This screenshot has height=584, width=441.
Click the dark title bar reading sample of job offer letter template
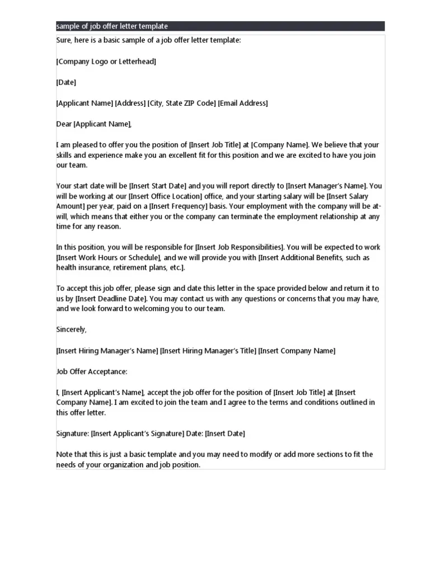[x=220, y=26]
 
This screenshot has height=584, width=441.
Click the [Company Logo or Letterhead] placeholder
[x=106, y=62]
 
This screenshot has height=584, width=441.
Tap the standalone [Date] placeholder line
[x=66, y=82]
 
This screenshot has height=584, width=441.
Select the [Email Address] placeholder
[x=243, y=103]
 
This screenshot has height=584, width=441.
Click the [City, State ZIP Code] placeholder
[x=181, y=103]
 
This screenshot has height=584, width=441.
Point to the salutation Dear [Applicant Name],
[x=94, y=124]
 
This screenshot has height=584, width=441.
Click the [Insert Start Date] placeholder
[x=157, y=186]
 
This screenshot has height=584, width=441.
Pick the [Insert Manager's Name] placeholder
[x=326, y=186]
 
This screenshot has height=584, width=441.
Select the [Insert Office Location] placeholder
[x=165, y=196]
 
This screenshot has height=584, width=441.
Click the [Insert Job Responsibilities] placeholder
[x=240, y=247]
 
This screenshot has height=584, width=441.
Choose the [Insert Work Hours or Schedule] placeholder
[x=109, y=258]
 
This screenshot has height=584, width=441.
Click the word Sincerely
[x=71, y=329]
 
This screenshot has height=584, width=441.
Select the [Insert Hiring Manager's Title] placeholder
[x=208, y=351]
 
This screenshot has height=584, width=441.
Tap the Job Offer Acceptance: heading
[x=92, y=371]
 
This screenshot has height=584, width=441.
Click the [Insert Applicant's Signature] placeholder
[x=138, y=434]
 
